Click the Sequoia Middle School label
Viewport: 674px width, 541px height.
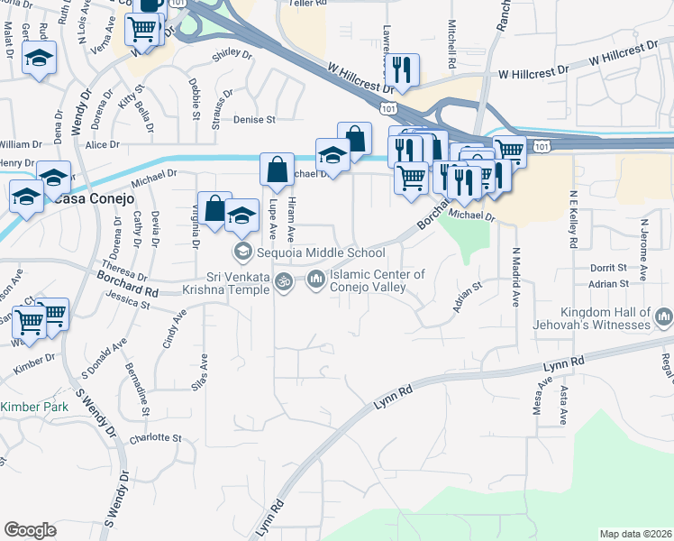click(x=322, y=252)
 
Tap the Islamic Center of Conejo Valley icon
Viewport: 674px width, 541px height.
click(x=315, y=280)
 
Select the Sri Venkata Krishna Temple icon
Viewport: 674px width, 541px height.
click(x=284, y=282)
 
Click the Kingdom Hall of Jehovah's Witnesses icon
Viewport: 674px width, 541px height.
click(x=664, y=316)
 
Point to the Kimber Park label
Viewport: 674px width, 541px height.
click(x=34, y=408)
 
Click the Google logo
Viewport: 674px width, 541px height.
click(x=30, y=530)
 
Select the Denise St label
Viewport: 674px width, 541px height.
click(x=253, y=119)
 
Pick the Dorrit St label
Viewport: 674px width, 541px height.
click(x=608, y=268)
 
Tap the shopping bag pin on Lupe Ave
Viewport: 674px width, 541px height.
click(x=277, y=169)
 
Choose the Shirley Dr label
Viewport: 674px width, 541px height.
click(x=232, y=54)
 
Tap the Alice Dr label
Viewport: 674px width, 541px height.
click(x=102, y=144)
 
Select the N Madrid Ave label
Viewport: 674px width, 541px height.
click(x=515, y=278)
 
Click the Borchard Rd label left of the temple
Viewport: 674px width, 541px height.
click(x=129, y=291)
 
